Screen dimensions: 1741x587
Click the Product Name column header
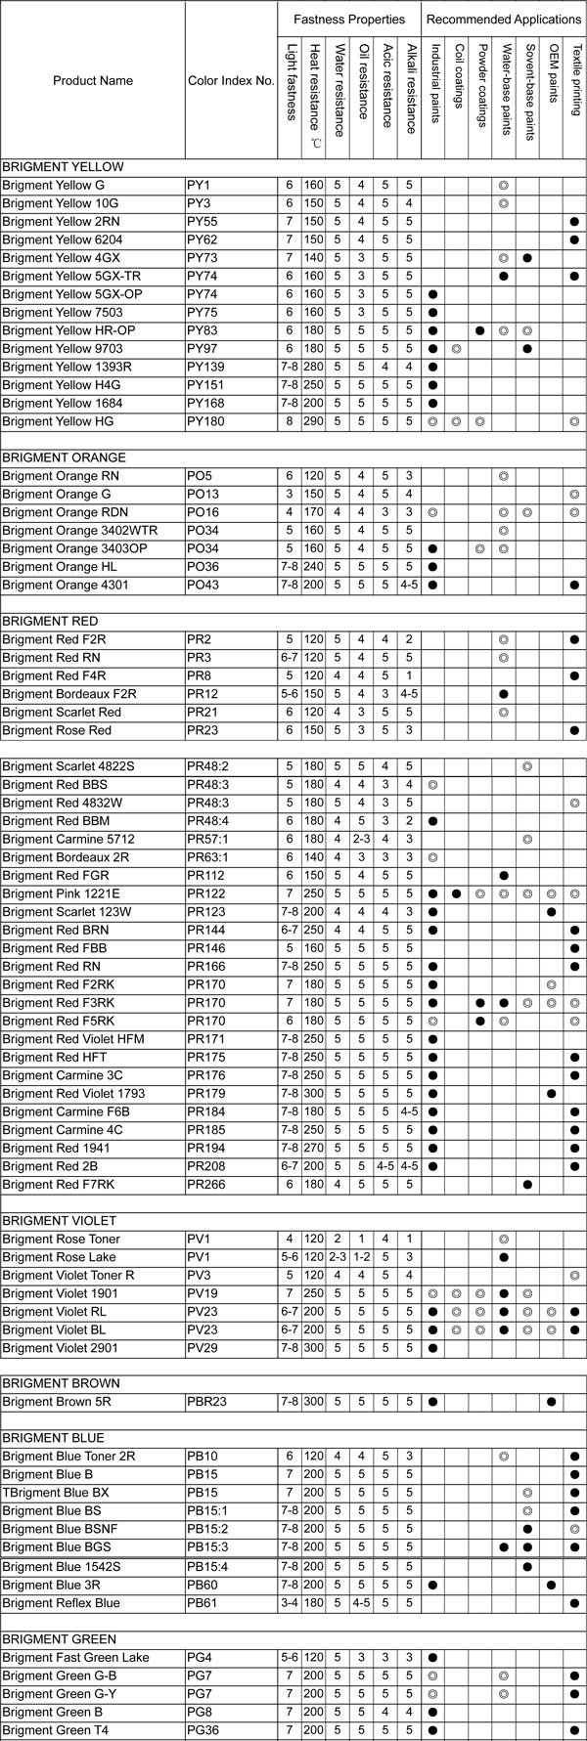[92, 80]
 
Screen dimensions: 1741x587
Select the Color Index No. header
[230, 80]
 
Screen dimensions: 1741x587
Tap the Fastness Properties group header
[349, 20]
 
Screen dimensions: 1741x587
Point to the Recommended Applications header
[503, 20]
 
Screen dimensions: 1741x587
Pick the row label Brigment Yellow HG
[57, 421]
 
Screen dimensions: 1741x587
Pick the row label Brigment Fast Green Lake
[75, 1658]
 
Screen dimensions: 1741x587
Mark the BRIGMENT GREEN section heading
[59, 1639]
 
